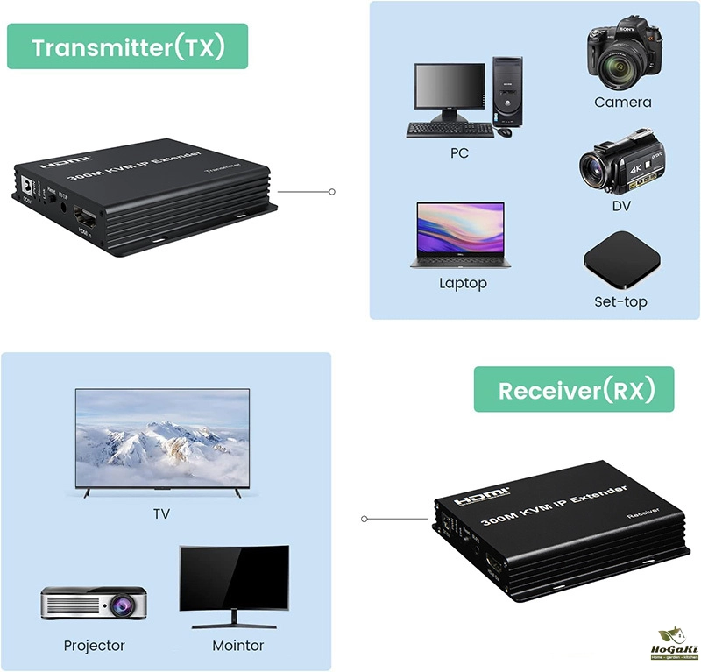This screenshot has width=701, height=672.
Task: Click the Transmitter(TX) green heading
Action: click(128, 46)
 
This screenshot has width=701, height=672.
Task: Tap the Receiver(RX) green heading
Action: click(575, 390)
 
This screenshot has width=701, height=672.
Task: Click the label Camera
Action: click(622, 103)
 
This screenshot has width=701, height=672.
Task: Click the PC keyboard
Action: click(450, 129)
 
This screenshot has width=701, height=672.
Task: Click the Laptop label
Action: click(463, 284)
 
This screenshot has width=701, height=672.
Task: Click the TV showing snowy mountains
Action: click(162, 441)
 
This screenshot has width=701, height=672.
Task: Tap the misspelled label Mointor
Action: click(237, 647)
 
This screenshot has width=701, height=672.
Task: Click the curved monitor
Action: click(234, 580)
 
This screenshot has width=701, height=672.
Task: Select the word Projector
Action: click(95, 647)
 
